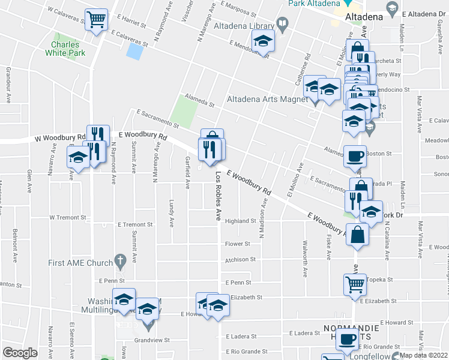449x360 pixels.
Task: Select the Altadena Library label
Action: (244, 25)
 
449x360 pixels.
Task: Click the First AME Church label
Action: (81, 263)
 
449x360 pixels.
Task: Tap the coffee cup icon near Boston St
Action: (354, 157)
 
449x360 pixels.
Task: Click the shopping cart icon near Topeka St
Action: (354, 284)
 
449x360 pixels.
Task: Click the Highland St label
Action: (241, 221)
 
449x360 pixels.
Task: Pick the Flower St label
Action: (238, 244)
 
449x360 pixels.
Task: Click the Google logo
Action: (20, 353)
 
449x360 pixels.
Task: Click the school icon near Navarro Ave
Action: (78, 158)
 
